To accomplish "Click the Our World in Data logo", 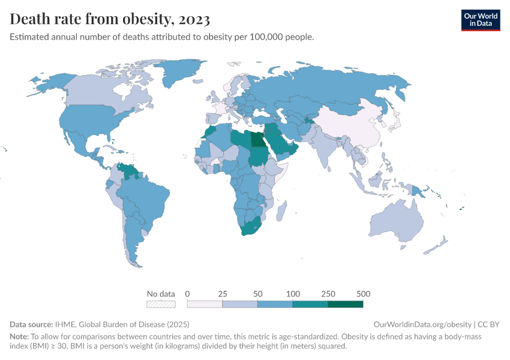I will pos(480,19).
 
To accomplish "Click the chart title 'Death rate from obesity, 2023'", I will pos(110,19).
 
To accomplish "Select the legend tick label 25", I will pos(223,294).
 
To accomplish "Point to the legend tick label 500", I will pos(363,294).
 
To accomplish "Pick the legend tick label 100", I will pos(293,294).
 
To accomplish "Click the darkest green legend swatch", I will pos(346,304).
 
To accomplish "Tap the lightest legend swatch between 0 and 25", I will pos(205,304).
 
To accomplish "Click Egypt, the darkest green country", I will pos(257,139).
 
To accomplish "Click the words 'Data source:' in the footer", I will pos(32,325).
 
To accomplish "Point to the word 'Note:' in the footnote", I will pos(20,337).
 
